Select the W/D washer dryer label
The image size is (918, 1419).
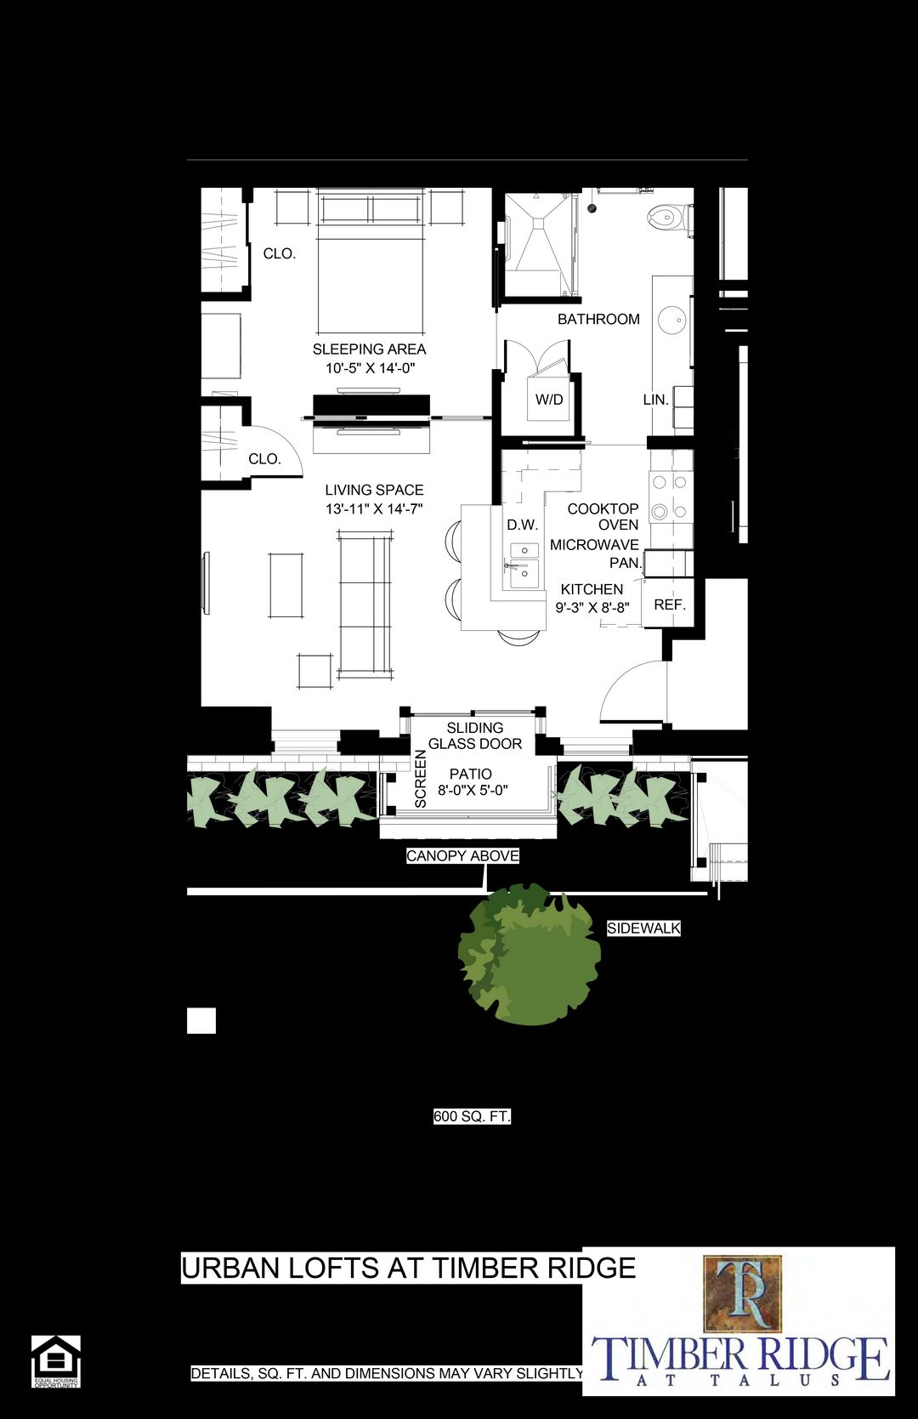point(549,400)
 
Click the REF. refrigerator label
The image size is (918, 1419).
point(670,605)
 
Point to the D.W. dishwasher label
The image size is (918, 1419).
point(523,525)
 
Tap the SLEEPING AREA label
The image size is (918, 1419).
point(369,349)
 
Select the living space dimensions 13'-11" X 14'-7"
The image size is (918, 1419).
point(374,509)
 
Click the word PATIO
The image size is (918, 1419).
point(471,774)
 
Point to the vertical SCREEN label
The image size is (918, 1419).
point(420,778)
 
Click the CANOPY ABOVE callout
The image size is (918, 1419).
point(462,856)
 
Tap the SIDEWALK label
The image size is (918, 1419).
point(643,928)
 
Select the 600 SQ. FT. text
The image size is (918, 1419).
point(472,1116)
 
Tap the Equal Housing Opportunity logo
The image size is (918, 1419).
point(56,1361)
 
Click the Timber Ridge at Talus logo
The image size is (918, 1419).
point(739,1320)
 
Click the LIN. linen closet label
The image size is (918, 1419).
point(655,400)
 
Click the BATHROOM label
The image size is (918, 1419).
point(598,320)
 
